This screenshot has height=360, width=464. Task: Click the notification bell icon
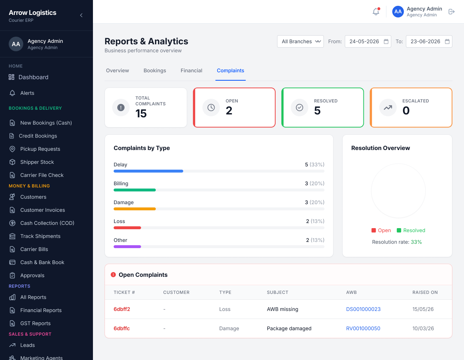pyautogui.click(x=376, y=12)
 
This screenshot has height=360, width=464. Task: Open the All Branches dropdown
pyautogui.click(x=300, y=41)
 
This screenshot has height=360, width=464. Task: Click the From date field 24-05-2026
pyautogui.click(x=368, y=41)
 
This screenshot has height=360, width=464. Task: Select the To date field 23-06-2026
pyautogui.click(x=429, y=41)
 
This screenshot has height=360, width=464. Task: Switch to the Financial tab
pyautogui.click(x=191, y=70)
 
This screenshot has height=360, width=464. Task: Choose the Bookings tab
pyautogui.click(x=155, y=70)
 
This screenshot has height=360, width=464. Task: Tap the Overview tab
pyautogui.click(x=117, y=70)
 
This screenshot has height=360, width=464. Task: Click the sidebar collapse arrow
pyautogui.click(x=81, y=15)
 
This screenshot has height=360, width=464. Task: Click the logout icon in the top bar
pyautogui.click(x=451, y=12)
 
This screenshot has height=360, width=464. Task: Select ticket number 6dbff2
pyautogui.click(x=122, y=309)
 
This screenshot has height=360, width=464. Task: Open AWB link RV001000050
pyautogui.click(x=363, y=328)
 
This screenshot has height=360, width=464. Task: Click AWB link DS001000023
pyautogui.click(x=363, y=309)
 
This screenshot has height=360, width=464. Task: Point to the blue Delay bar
pyautogui.click(x=148, y=171)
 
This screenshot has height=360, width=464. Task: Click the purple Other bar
pyautogui.click(x=127, y=247)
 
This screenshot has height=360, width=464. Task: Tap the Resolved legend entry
pyautogui.click(x=411, y=230)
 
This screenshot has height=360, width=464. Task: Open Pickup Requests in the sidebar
pyautogui.click(x=40, y=149)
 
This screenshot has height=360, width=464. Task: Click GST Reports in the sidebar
pyautogui.click(x=35, y=323)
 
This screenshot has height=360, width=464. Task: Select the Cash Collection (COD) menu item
pyautogui.click(x=47, y=223)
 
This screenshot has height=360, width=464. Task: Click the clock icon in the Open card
pyautogui.click(x=211, y=108)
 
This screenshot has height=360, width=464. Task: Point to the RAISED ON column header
pyautogui.click(x=425, y=292)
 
